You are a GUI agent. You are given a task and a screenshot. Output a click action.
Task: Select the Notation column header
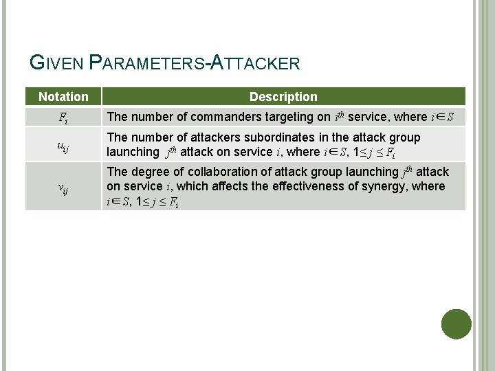click(x=63, y=97)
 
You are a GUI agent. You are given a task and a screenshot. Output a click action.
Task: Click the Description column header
click(x=283, y=97)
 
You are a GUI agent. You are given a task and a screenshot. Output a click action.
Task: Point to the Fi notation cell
click(x=63, y=117)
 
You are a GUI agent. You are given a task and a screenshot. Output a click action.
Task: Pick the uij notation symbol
click(x=63, y=145)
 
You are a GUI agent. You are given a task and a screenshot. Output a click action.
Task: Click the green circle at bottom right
click(x=456, y=324)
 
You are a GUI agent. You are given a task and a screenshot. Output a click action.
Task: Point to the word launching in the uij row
click(x=132, y=152)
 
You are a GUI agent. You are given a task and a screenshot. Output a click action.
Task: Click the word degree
click(x=148, y=172)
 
